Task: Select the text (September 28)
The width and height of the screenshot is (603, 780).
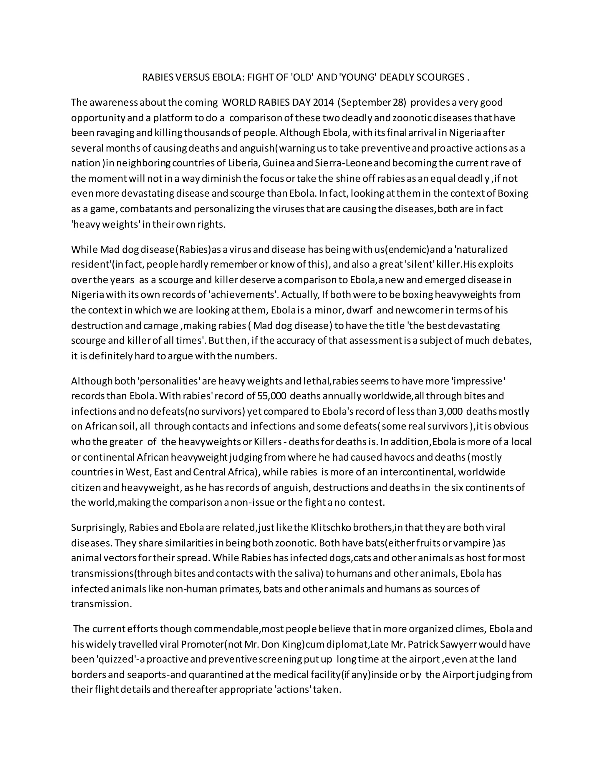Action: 372,102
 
